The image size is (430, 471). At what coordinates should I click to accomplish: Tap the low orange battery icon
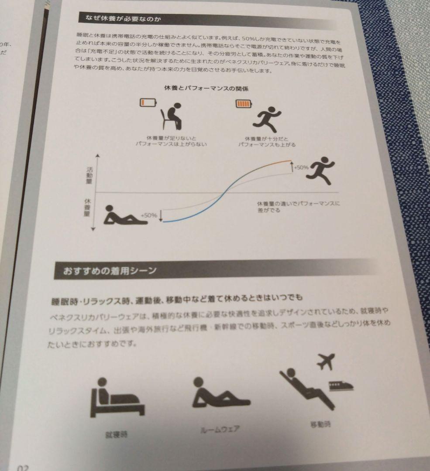pyautogui.click(x=148, y=102)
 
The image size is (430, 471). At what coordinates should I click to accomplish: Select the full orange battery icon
pyautogui.click(x=244, y=104)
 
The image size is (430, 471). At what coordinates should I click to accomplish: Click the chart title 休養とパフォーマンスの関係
pyautogui.click(x=206, y=89)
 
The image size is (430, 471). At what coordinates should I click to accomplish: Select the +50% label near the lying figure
pyautogui.click(x=149, y=215)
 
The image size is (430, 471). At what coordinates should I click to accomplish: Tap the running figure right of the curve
pyautogui.click(x=321, y=171)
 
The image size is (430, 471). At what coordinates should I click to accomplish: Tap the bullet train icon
pyautogui.click(x=340, y=385)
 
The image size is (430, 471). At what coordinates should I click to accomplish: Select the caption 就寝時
pyautogui.click(x=117, y=434)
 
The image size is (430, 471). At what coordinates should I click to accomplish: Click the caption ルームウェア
pyautogui.click(x=220, y=429)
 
